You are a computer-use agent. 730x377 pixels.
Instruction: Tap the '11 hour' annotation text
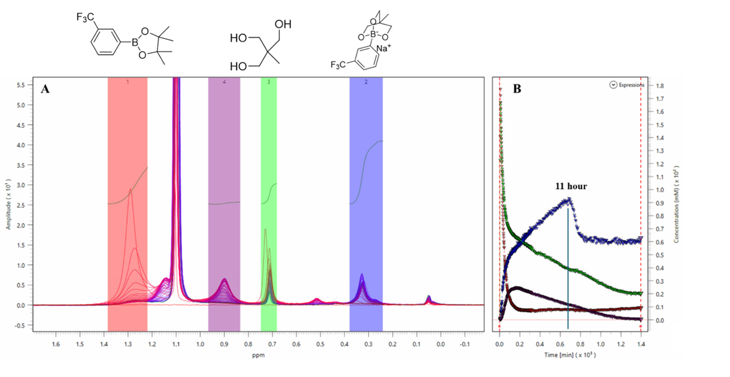coord(571,186)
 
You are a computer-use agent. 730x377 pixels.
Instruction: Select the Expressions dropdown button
coord(613,85)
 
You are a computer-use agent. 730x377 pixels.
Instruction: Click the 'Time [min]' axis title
coord(570,355)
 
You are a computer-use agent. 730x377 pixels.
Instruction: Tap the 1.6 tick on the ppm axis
coord(57,344)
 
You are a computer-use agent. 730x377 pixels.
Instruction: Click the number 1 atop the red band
coord(127,82)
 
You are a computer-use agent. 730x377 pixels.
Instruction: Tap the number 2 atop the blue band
coord(366,82)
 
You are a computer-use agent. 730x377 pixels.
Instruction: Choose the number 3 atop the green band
coord(269,82)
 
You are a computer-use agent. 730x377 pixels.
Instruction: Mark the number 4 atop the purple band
coord(224,82)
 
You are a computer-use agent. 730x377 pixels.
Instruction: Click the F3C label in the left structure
coord(85,17)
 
